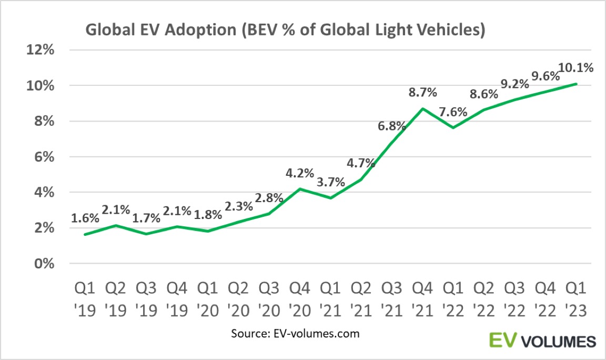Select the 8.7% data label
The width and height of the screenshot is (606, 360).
click(422, 93)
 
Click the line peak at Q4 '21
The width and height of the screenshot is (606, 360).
click(422, 108)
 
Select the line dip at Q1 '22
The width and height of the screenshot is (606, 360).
click(453, 128)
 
